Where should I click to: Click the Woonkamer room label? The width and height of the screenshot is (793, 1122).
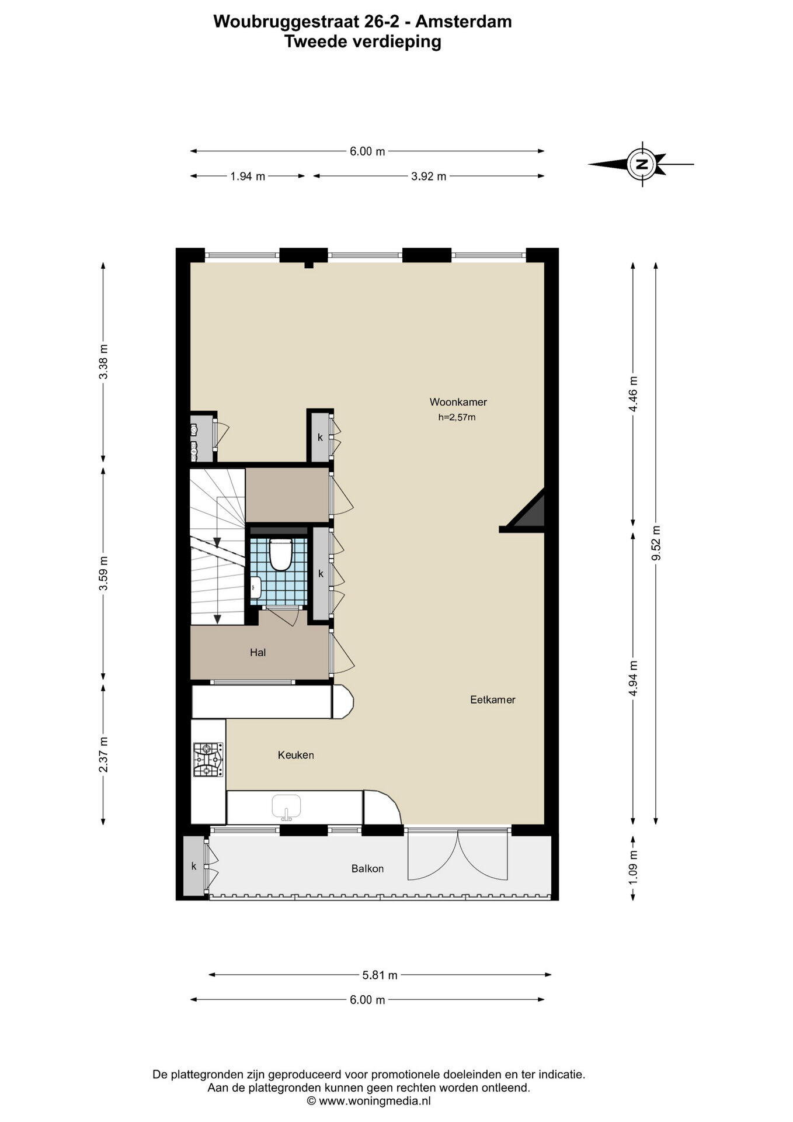point(458,402)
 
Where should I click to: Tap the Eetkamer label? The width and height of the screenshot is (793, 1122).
point(493,699)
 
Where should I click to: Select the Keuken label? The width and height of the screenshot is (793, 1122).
point(295,755)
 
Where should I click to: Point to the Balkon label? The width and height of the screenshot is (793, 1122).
point(367,868)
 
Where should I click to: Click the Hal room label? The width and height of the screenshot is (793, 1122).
point(258,652)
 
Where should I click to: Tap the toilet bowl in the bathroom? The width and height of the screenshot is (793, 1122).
point(280,553)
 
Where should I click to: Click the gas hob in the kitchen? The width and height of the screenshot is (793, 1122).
point(208,759)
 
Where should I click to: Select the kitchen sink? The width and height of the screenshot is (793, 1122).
point(286,806)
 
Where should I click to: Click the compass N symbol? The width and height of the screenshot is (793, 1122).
point(642,164)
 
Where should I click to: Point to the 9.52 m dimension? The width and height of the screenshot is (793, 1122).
point(656,543)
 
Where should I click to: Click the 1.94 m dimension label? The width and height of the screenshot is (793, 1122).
point(248,176)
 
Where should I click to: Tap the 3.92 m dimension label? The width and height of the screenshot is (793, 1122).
point(429,176)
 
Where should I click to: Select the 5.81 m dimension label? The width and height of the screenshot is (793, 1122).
point(380,975)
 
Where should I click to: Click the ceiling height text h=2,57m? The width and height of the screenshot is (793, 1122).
point(457,417)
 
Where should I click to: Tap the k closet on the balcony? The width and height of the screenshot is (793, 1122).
point(194,866)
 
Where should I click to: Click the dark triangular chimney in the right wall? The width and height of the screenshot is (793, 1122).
point(528,512)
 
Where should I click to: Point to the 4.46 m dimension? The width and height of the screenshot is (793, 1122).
point(634,393)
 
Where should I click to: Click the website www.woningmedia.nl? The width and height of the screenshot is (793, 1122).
point(374,1101)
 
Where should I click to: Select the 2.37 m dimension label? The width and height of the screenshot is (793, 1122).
point(103,754)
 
